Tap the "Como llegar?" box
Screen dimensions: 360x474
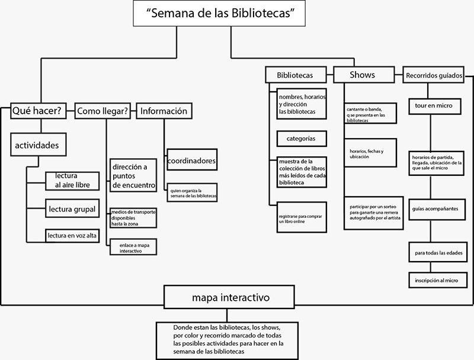(103, 111)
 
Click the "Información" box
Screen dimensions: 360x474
(164, 111)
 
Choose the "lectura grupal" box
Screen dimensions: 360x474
(72, 208)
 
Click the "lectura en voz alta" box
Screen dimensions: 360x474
(72, 236)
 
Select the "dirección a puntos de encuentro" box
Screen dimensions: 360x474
(133, 175)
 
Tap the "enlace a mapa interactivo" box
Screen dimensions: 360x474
(133, 247)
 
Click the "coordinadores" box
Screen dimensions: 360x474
(191, 160)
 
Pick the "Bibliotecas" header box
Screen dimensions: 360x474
(296, 75)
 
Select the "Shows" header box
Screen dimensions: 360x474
(362, 75)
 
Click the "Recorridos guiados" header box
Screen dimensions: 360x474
(433, 76)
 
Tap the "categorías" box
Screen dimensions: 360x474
(302, 139)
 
